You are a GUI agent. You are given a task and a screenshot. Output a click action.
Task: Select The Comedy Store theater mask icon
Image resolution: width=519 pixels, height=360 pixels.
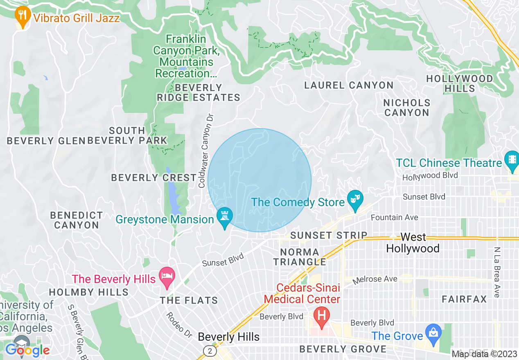tap(354, 200)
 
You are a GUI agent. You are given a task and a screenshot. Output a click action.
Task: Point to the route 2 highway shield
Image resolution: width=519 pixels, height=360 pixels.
tap(210, 351)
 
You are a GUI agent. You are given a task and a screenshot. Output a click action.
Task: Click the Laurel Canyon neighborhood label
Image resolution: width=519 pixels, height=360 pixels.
tap(349, 85)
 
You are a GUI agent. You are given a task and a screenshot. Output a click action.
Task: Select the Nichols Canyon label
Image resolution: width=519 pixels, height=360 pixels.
tap(407, 108)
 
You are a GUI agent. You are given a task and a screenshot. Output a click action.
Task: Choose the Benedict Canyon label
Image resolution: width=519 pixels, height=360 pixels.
tap(77, 220)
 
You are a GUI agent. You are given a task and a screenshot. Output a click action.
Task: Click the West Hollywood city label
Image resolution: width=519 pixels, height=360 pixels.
tap(413, 243)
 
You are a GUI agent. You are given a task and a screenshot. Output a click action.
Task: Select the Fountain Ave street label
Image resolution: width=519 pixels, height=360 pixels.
tap(394, 217)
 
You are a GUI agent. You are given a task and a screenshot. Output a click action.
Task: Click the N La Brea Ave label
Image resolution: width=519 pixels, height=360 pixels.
tap(497, 272)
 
